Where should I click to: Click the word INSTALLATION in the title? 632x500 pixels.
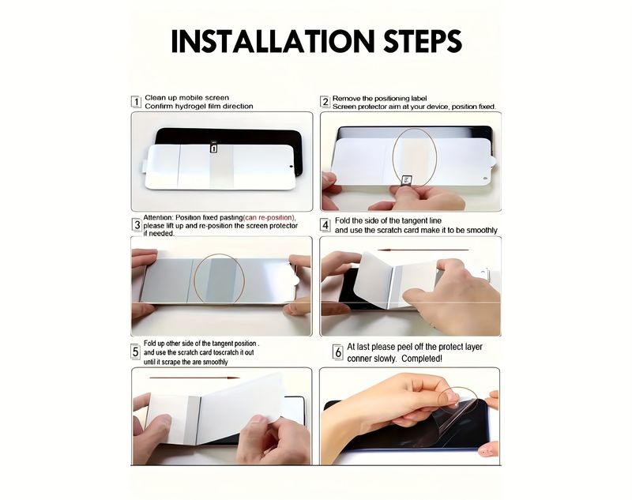[273, 41]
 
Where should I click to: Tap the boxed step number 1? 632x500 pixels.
[136, 102]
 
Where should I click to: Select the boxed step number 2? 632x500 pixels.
[325, 102]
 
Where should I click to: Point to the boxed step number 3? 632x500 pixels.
[137, 225]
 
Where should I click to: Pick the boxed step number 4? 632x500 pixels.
[325, 225]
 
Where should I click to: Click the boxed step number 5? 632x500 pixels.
[136, 352]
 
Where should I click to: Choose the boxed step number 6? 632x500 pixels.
[338, 352]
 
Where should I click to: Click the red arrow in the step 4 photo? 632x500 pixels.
[423, 250]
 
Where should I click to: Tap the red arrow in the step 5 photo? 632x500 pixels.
[194, 378]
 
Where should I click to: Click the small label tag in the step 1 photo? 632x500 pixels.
[213, 148]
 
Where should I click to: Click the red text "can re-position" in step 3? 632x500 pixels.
[269, 217]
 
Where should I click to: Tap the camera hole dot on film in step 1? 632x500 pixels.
[291, 166]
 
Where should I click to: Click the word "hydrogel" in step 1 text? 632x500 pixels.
[190, 107]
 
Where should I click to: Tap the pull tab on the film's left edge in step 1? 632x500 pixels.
[143, 166]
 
